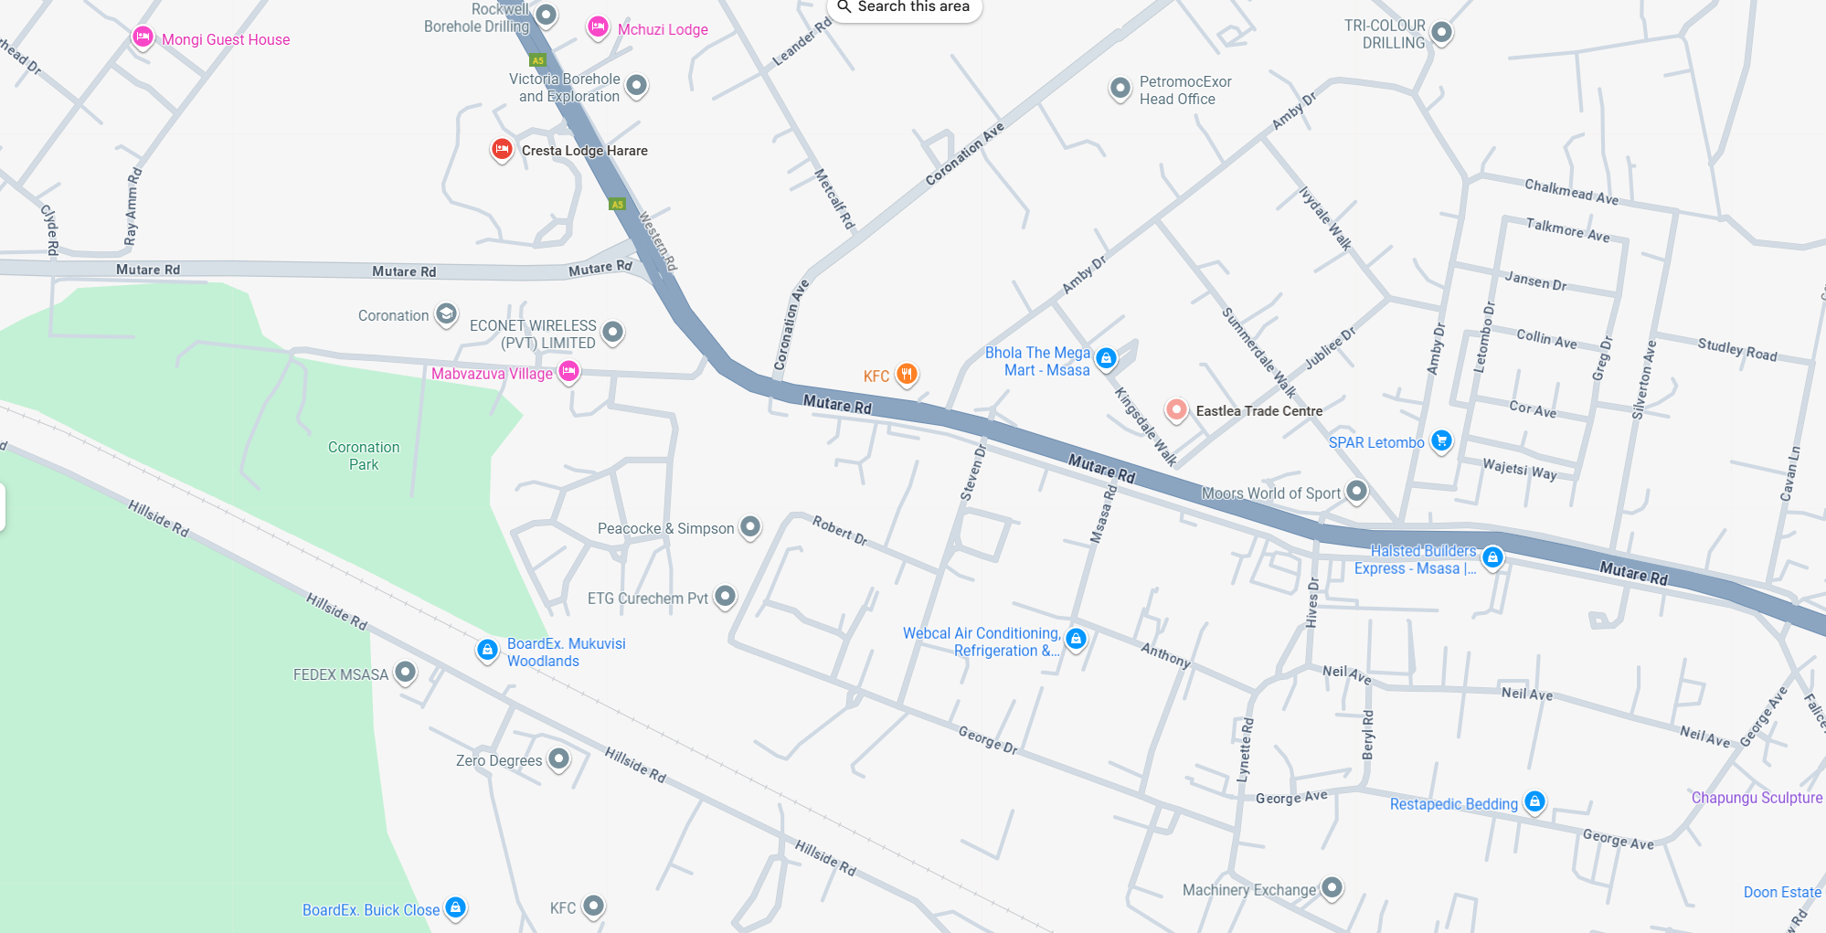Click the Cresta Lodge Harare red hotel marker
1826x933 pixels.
pyautogui.click(x=502, y=149)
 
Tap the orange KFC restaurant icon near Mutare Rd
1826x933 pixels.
pyautogui.click(x=907, y=374)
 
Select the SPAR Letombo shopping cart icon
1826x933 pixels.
pyautogui.click(x=1441, y=441)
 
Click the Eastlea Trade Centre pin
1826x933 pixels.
pyautogui.click(x=1176, y=410)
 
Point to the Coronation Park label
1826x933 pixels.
pyautogui.click(x=364, y=455)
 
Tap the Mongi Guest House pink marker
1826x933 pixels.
pyautogui.click(x=143, y=37)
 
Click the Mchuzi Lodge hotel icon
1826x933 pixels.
pyautogui.click(x=598, y=27)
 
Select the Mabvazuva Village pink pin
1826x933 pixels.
pyautogui.click(x=568, y=371)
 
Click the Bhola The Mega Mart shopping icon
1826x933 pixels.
pyautogui.click(x=1106, y=359)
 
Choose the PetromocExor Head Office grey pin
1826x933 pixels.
pyautogui.click(x=1120, y=89)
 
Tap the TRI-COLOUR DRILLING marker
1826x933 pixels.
pyautogui.click(x=1441, y=33)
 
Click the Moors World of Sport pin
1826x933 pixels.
pyautogui.click(x=1357, y=492)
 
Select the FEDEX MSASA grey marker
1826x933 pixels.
pyautogui.click(x=405, y=673)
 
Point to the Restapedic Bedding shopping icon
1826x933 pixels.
pyautogui.click(x=1534, y=802)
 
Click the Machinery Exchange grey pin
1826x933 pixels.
pyautogui.click(x=1332, y=887)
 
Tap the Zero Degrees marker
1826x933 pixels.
pyautogui.click(x=558, y=758)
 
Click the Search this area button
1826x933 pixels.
pyautogui.click(x=904, y=7)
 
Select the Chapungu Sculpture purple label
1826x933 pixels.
pyautogui.click(x=1756, y=798)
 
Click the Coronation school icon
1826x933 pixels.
pyautogui.click(x=446, y=314)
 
